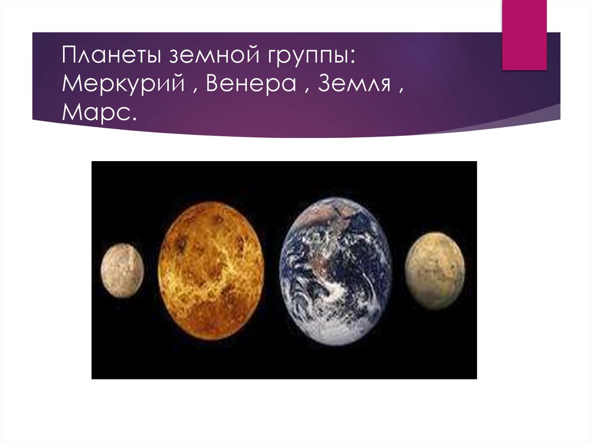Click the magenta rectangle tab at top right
point(524,35)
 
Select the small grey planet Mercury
point(122,270)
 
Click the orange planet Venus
point(212,271)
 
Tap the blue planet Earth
point(335,271)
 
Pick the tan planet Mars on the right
point(434,270)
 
